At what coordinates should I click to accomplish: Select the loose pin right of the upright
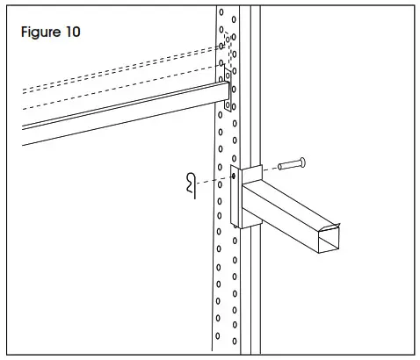click(x=290, y=162)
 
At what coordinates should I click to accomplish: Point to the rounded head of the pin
click(x=300, y=162)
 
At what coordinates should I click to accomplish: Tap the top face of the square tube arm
click(x=290, y=195)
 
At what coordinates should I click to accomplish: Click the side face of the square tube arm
click(x=281, y=220)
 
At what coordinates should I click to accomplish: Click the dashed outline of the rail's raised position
click(x=114, y=79)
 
